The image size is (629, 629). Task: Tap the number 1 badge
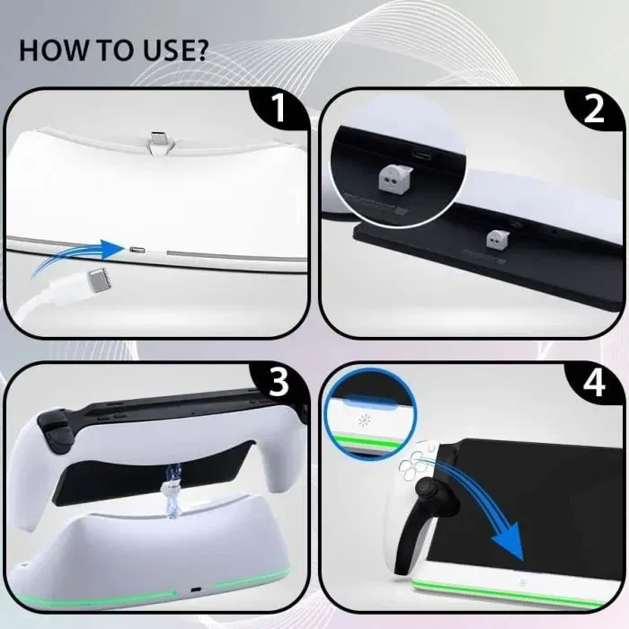(279, 110)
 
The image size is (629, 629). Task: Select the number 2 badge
(594, 110)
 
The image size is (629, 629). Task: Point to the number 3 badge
(279, 383)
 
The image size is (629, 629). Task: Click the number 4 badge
(594, 383)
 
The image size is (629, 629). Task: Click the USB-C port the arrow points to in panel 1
(137, 249)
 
